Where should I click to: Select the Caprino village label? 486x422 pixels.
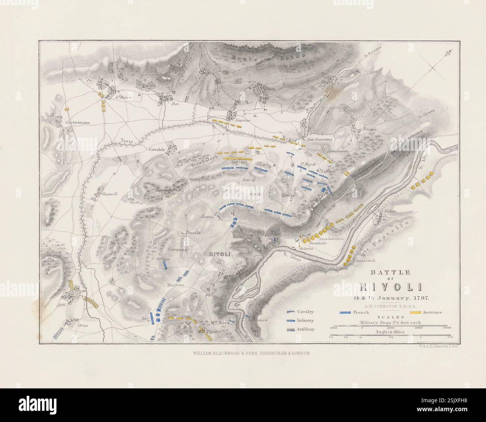click(x=243, y=121)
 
